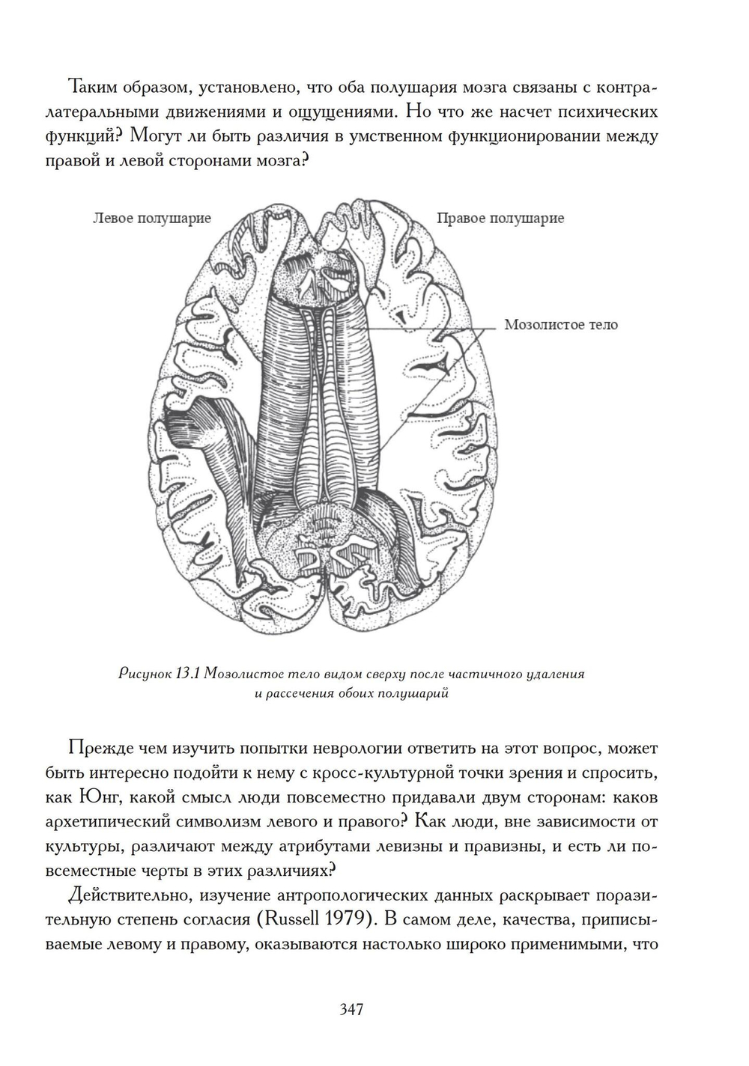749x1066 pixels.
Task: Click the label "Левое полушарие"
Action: (x=152, y=218)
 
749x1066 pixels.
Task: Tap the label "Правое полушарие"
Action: (x=500, y=218)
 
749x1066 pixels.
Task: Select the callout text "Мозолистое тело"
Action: (x=561, y=325)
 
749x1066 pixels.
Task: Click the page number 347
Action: (x=351, y=1010)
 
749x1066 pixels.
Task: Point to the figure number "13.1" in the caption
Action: (x=186, y=674)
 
